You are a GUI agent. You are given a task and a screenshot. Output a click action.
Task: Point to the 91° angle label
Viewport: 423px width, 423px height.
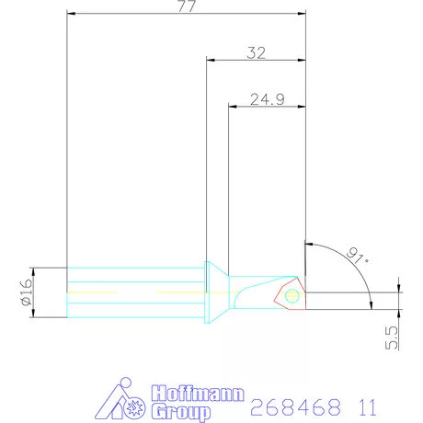(x=357, y=256)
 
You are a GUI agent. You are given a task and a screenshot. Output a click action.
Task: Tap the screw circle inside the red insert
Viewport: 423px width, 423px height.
(x=292, y=296)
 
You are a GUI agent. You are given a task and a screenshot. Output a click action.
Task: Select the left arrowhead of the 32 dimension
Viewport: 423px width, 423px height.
(x=210, y=62)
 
